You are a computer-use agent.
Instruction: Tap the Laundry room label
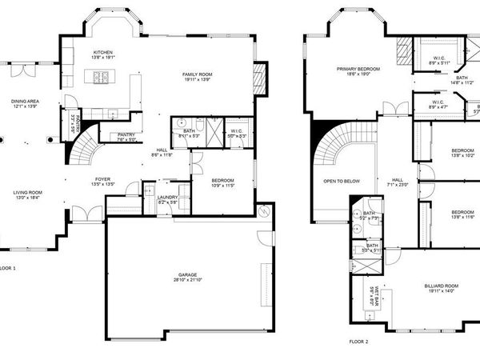point(167,197)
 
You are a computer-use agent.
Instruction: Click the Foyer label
point(103,179)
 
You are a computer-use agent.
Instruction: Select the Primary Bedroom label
point(358,70)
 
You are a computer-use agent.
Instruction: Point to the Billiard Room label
point(441,286)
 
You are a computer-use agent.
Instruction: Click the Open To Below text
point(341,181)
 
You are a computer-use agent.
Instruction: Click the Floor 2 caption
point(358,341)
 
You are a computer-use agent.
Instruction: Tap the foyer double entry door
point(83,214)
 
